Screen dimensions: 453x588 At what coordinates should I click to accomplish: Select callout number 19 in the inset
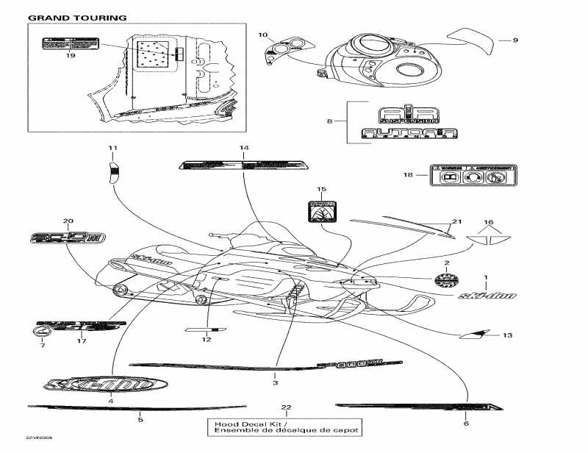coord(71,55)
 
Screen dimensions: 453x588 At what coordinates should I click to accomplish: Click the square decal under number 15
coord(320,211)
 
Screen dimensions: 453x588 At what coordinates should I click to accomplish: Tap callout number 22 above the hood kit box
coord(286,407)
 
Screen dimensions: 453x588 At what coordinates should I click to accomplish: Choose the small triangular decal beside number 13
coord(470,335)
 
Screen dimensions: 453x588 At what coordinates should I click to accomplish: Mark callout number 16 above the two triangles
coord(488,221)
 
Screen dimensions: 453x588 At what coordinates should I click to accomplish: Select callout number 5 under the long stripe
coord(140,420)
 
